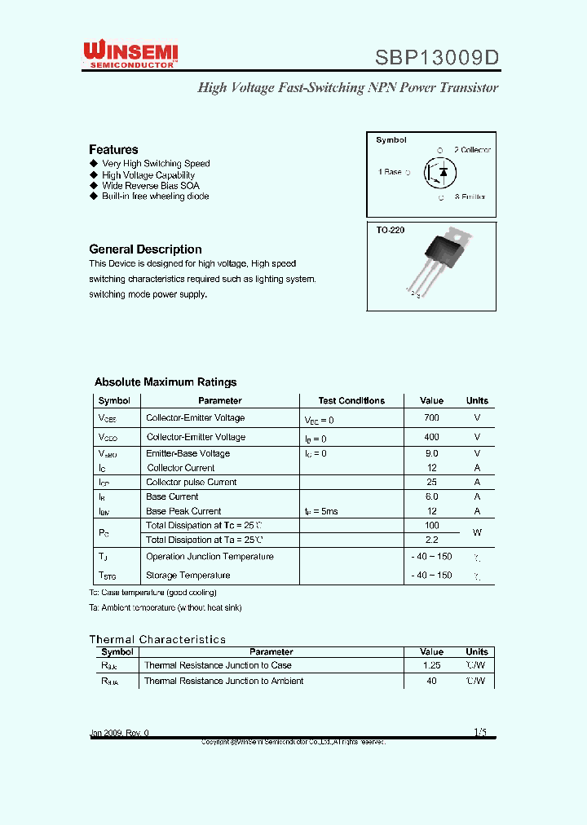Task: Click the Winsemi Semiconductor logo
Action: (130, 55)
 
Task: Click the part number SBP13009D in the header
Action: (436, 58)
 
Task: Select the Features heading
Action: (113, 150)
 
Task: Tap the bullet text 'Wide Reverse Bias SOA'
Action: (151, 186)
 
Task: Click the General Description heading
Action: (145, 249)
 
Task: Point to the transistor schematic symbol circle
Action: (440, 172)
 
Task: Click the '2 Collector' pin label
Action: (472, 150)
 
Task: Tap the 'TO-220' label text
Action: (390, 231)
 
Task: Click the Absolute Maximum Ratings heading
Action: (166, 382)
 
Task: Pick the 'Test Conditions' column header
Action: (351, 401)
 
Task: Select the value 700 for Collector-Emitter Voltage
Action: (431, 417)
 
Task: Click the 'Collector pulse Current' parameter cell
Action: (192, 483)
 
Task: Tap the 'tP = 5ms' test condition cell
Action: (321, 511)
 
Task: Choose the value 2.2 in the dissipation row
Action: (431, 540)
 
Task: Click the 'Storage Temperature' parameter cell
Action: (188, 576)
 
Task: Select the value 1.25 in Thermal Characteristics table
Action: (431, 666)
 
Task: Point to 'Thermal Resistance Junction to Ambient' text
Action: (223, 681)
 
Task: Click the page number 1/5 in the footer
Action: (479, 732)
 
